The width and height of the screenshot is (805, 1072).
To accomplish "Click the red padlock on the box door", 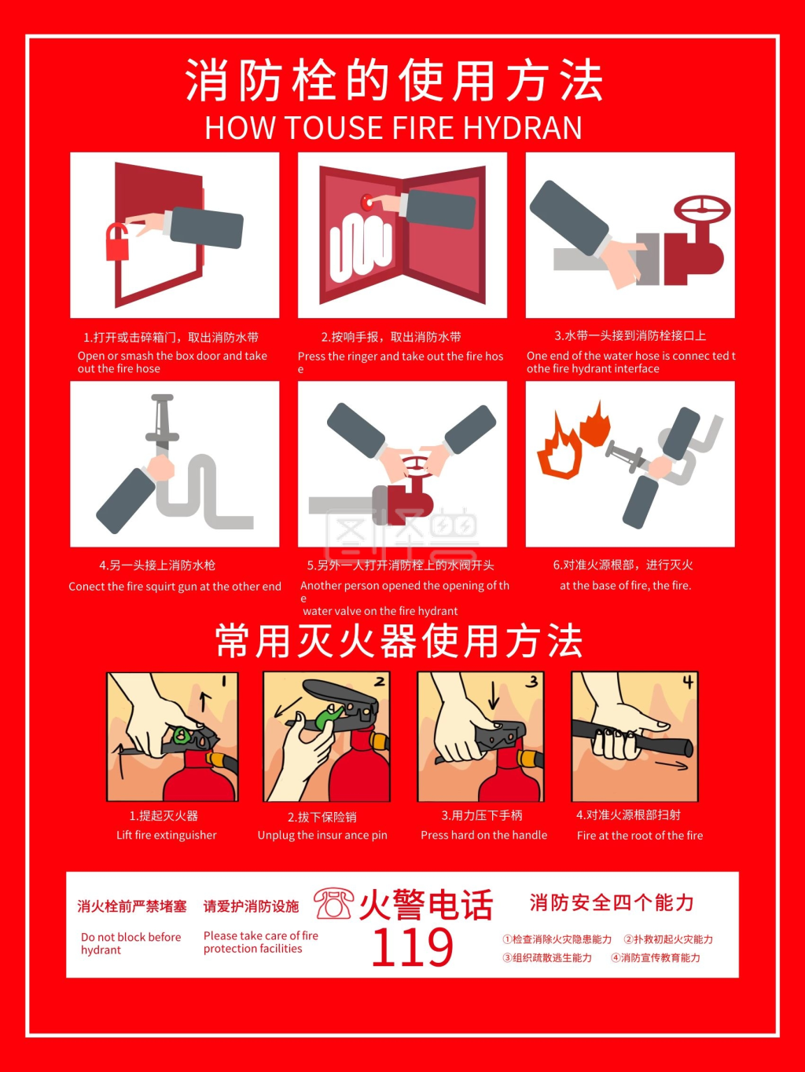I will pos(118,244).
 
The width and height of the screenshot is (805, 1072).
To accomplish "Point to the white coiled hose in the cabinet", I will pos(360,247).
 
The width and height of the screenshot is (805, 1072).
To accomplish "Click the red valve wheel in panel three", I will pos(702,210).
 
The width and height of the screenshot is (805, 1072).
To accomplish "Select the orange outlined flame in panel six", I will pos(559,450).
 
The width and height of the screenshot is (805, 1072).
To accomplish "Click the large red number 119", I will pos(412,947).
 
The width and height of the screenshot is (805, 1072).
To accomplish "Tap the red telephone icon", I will pos(334,903).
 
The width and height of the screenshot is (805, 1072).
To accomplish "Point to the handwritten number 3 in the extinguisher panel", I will pos(532,682).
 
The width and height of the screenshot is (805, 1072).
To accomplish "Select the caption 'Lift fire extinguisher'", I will pos(166,835).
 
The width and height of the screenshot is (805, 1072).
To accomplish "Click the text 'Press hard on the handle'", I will pos(483,835).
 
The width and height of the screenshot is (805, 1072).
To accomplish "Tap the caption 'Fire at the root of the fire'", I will pos(639,836).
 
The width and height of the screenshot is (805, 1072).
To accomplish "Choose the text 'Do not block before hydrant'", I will pos(130,943).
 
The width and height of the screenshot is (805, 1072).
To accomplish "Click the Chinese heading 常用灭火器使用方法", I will pos(399,641).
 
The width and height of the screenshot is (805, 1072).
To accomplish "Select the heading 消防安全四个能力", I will pos(612,903).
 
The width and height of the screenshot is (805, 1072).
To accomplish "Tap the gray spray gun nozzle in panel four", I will pos(163,420).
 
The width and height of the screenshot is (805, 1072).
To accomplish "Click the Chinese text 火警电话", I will pos(426,905).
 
